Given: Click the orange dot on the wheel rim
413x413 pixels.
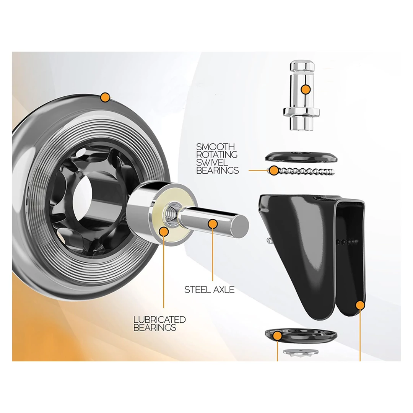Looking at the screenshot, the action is click(105, 97).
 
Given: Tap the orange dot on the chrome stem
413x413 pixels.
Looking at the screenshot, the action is click(306, 89).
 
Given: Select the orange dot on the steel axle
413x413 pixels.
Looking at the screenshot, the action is click(212, 224).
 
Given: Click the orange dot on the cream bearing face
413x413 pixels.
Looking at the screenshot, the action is click(164, 232).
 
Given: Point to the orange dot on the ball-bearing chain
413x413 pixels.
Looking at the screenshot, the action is click(274, 171).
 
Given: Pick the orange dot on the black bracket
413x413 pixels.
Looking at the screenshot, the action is click(360, 305).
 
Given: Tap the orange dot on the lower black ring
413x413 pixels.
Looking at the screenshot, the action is click(277, 336).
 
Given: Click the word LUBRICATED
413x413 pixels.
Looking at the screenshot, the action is click(159, 319).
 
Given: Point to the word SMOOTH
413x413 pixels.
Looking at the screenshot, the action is click(215, 146).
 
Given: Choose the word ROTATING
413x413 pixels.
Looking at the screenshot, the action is click(217, 154).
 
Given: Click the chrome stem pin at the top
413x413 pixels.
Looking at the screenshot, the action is click(301, 95).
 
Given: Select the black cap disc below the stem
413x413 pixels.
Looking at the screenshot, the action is click(301, 157).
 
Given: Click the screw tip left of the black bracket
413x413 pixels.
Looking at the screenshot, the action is click(269, 241).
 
